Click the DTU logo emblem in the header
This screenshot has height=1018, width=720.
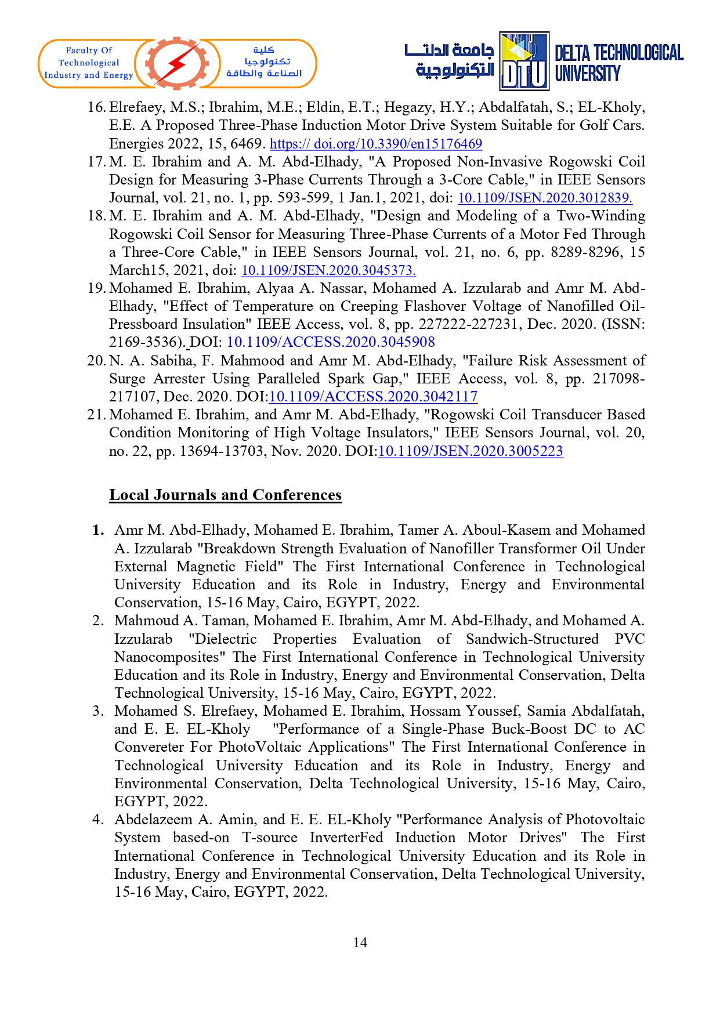tap(524, 61)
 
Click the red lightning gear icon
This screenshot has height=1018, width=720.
tap(176, 63)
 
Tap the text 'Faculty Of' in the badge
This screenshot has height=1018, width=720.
tap(89, 50)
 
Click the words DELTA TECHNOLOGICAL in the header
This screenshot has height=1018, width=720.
tap(618, 53)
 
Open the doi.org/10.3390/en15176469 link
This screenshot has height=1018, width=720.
tap(375, 144)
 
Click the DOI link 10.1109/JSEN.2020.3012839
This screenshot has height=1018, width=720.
tap(544, 198)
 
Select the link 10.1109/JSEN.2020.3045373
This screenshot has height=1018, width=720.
tap(328, 270)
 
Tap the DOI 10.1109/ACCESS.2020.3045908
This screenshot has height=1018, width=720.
tap(331, 342)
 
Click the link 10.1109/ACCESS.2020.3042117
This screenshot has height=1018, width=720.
tap(373, 397)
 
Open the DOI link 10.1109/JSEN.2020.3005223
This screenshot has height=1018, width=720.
tap(470, 451)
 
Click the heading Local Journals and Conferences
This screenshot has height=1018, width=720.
tap(225, 495)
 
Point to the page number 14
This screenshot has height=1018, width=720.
tap(360, 943)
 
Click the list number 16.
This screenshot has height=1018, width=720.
tap(96, 107)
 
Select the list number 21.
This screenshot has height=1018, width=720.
tap(96, 415)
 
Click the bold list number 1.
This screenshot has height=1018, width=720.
tap(98, 530)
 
